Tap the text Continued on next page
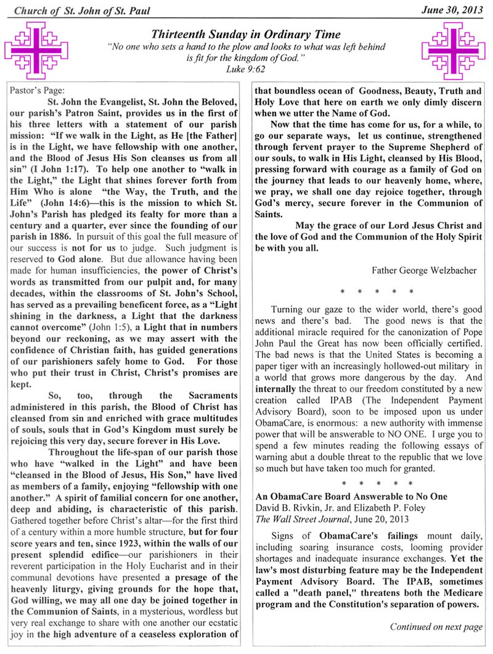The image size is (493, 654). (x=436, y=627)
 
